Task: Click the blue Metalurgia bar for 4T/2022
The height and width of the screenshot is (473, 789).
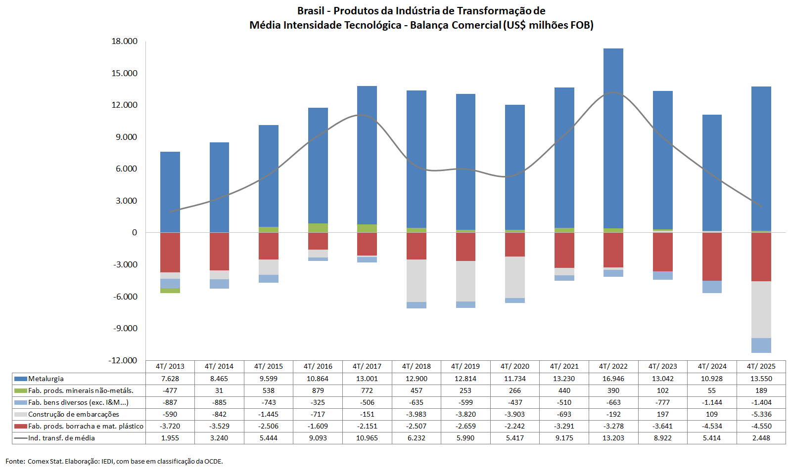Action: [x=613, y=138]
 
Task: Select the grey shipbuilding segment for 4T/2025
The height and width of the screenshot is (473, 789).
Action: [x=761, y=309]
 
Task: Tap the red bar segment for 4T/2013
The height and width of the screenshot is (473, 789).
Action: [x=170, y=252]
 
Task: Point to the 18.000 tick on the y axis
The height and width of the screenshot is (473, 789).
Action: [x=125, y=41]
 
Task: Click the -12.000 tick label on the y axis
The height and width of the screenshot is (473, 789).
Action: [x=123, y=360]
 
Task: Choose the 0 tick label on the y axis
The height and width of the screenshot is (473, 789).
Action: [x=135, y=232]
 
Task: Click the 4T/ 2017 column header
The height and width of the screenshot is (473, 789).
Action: [x=367, y=366]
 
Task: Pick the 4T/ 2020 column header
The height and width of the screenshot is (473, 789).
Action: [x=514, y=366]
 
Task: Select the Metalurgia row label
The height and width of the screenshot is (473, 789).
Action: [x=46, y=379]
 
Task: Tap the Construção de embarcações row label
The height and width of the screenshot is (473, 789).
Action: [x=73, y=414]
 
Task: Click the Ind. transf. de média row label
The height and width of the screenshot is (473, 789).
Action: [x=61, y=438]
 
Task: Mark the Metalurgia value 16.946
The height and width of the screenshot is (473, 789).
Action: [x=613, y=379]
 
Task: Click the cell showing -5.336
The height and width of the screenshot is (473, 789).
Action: [x=761, y=414]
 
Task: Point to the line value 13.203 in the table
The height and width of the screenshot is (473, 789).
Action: [x=613, y=438]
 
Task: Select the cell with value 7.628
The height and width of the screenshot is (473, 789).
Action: [x=170, y=379]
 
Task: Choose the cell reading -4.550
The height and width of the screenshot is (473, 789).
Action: [x=761, y=426]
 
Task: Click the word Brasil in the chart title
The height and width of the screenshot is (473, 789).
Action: [x=311, y=11]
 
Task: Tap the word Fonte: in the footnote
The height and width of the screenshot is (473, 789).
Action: [x=15, y=461]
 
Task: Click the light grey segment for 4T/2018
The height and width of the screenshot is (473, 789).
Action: [x=416, y=281]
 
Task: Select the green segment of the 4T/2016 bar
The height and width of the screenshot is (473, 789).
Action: [x=318, y=228]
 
